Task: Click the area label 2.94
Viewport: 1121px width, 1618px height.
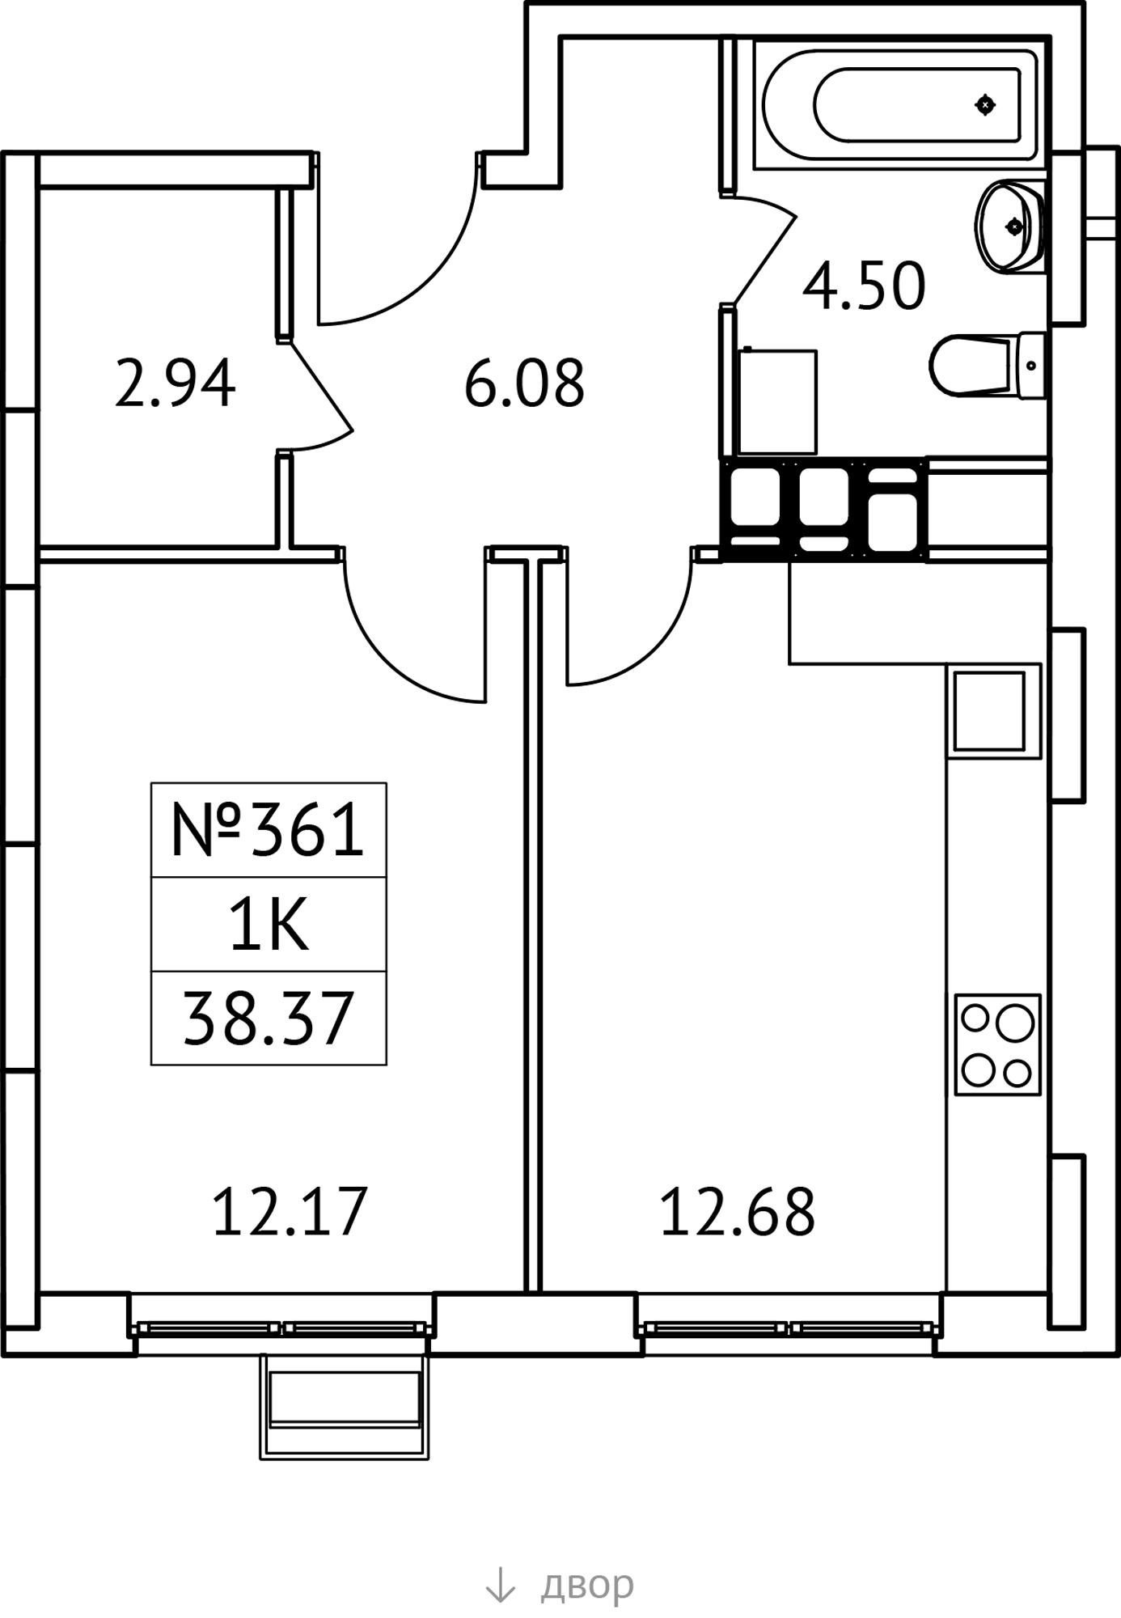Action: pos(175,383)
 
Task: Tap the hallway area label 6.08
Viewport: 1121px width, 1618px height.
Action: pos(524,383)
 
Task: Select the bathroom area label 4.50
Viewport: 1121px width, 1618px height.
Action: pos(864,286)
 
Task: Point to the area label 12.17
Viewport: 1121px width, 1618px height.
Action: pos(290,1211)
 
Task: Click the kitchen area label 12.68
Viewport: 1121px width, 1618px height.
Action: pos(738,1211)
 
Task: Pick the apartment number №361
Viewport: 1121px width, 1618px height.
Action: pos(268,830)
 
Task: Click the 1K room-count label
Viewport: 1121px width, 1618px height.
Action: pos(269,925)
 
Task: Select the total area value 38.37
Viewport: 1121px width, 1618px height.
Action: pos(269,1019)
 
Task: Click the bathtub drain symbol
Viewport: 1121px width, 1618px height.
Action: pos(984,104)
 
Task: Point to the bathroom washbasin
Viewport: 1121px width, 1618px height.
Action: pos(1009,227)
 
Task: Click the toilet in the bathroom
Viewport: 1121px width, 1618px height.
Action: pos(987,365)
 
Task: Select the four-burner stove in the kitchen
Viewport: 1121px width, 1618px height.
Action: pos(997,1044)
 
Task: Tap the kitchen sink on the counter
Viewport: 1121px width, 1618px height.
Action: pos(994,710)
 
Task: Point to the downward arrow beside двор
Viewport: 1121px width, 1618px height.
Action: pos(500,1584)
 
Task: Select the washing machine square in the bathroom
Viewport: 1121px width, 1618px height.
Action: pos(778,402)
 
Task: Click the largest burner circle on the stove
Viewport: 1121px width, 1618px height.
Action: pos(1015,1023)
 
